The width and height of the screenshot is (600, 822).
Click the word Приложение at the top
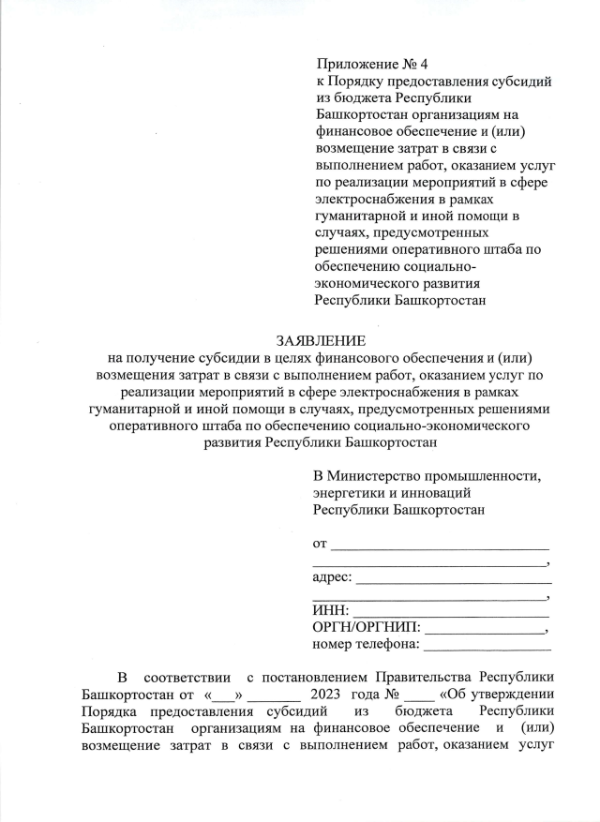click(x=353, y=65)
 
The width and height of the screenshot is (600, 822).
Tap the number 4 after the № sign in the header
click(x=424, y=65)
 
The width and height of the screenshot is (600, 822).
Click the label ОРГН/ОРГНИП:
click(x=367, y=628)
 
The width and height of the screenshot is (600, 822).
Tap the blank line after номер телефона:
click(x=488, y=646)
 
